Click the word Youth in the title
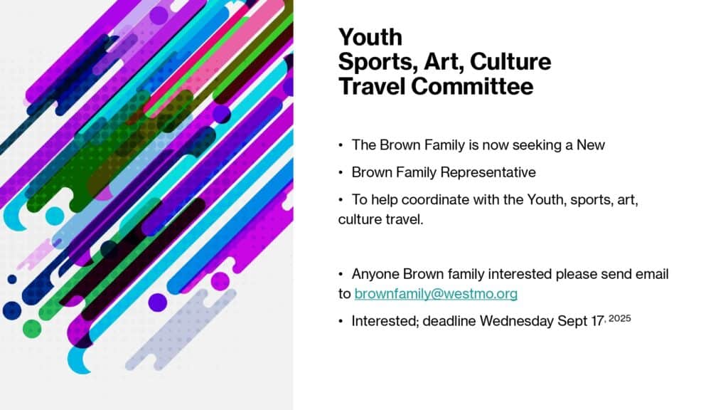(370, 37)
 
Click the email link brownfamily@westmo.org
(436, 294)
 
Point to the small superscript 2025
(619, 318)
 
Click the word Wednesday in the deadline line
(517, 321)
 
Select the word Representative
(488, 172)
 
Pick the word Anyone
(375, 274)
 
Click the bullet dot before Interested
(341, 321)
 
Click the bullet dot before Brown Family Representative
(341, 172)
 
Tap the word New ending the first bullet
(591, 145)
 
